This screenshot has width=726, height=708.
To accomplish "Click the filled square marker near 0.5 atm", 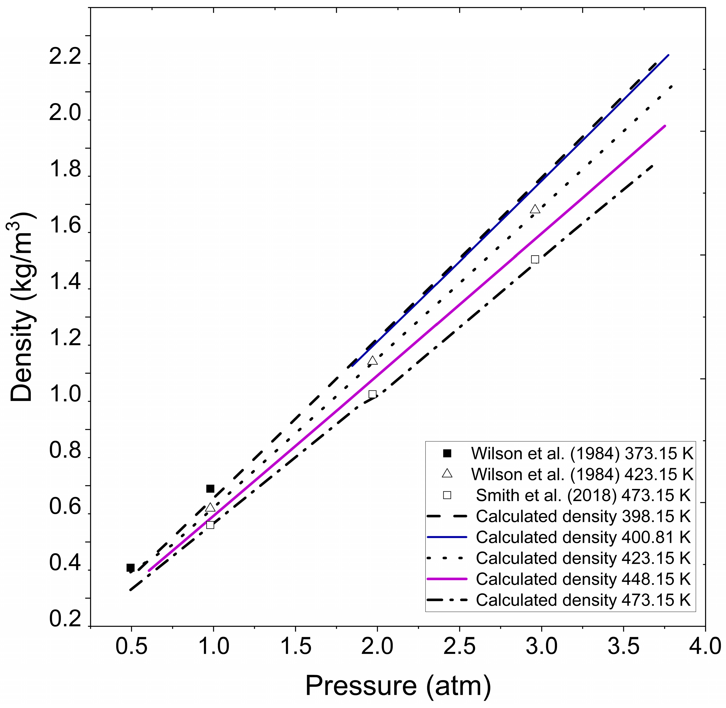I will (130, 568).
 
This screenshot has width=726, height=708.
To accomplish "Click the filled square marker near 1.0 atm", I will (210, 488).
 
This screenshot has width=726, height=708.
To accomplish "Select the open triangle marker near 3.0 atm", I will (535, 209).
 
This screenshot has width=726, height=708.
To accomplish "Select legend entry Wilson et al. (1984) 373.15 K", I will (582, 453).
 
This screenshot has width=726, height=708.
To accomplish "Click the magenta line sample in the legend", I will (446, 579).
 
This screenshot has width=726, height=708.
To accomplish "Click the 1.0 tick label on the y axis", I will (65, 396).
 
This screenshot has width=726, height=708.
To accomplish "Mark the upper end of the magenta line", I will (665, 126).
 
